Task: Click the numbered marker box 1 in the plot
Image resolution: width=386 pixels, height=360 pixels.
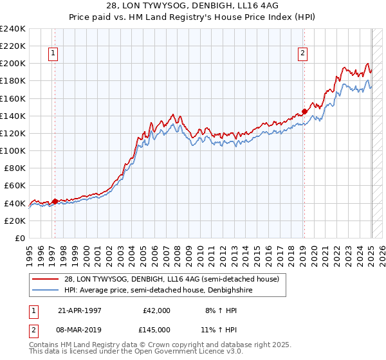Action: coord(53,54)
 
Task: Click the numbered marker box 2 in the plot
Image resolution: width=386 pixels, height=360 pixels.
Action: coord(302,54)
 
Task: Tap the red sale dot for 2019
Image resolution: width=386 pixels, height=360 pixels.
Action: coord(304,111)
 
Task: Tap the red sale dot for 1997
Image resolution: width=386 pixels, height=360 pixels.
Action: coord(55,201)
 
